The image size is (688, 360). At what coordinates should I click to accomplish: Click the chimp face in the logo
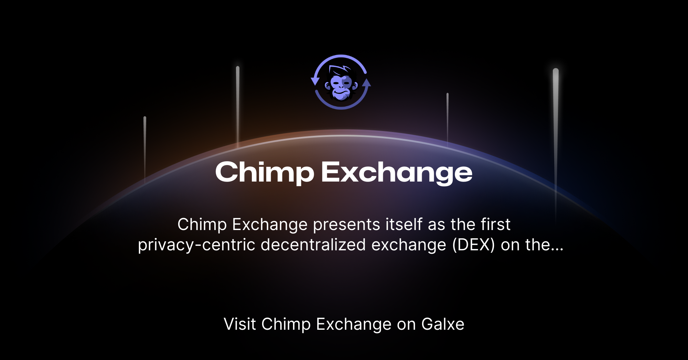pos(341,84)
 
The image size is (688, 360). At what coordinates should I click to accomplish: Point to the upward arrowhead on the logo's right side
pos(367,83)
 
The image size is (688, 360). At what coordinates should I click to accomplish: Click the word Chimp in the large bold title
pos(265,173)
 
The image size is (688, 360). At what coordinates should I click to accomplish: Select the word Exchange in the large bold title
pos(397,173)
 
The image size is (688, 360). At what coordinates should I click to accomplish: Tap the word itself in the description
pos(404,224)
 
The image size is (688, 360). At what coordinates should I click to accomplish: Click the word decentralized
pos(313,245)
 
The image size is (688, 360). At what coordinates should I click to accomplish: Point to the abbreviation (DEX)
pos(473,245)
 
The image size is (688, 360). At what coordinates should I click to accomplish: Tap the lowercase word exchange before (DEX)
pos(409,246)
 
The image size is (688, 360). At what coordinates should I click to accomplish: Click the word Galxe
pos(443,324)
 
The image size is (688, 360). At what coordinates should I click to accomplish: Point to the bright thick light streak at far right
pos(556,144)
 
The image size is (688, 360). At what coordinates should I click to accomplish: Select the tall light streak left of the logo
pos(238,107)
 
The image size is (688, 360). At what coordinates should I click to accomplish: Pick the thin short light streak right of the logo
pos(448,119)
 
